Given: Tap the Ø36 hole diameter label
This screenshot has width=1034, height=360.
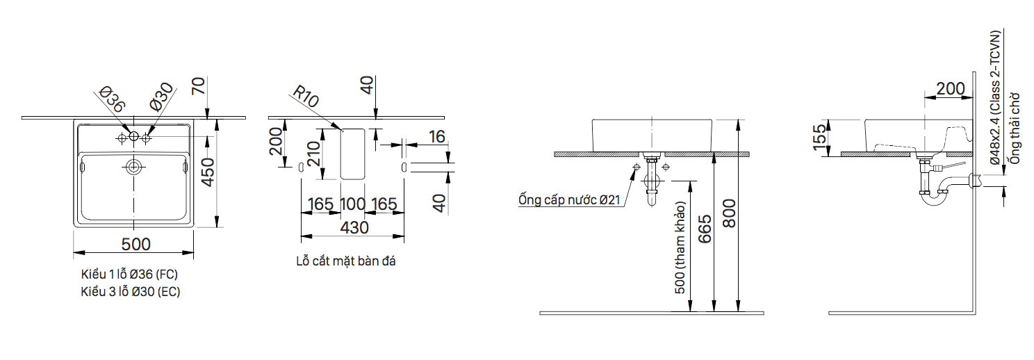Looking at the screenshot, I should (x=111, y=100).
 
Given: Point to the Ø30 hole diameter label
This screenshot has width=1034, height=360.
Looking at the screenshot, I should (x=161, y=100).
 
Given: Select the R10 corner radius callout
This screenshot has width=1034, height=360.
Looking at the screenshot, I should (x=305, y=97).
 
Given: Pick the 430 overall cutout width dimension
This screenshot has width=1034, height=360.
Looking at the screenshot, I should (x=354, y=227).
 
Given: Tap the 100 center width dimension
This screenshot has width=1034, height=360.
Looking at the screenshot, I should (x=353, y=204).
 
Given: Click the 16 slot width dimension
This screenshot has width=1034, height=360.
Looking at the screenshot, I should (x=437, y=136).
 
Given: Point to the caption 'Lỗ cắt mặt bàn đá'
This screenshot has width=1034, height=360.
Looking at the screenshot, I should (x=345, y=261).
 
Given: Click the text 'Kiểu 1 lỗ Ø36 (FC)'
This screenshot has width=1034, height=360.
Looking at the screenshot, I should (x=129, y=275).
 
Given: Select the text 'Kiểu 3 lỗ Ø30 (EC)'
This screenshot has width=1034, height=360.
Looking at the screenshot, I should (x=130, y=292).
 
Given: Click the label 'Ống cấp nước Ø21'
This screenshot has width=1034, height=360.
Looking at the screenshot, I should (x=568, y=200).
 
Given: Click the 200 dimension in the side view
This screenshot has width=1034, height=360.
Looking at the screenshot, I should (x=950, y=88).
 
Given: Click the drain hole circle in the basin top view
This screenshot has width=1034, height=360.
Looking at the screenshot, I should (x=133, y=167).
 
